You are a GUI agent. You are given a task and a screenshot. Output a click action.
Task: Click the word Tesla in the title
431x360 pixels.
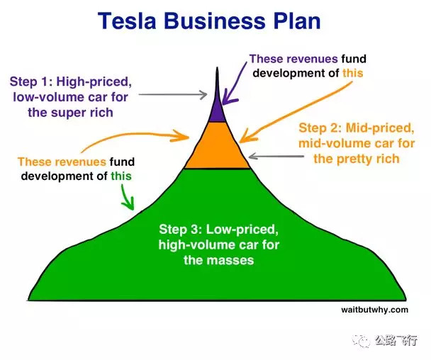(x=127, y=21)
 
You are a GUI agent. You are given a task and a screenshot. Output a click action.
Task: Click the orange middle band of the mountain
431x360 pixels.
(x=217, y=145)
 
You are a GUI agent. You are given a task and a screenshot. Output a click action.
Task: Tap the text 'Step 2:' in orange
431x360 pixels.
(x=320, y=128)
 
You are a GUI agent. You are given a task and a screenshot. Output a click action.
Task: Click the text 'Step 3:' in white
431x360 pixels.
(x=181, y=229)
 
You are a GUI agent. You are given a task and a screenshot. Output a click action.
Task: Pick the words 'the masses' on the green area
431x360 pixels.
(x=219, y=260)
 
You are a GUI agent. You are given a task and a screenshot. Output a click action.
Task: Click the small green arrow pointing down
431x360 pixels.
(x=128, y=197)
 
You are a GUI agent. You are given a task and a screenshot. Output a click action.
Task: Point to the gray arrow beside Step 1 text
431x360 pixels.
(x=173, y=94)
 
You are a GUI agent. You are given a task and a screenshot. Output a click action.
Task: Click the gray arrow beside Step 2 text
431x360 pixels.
(x=276, y=157)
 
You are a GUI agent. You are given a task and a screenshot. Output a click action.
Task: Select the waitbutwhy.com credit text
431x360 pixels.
(x=375, y=310)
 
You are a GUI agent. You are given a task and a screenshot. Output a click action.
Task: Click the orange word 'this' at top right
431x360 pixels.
(x=353, y=73)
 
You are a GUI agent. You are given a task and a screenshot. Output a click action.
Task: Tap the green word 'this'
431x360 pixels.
(x=121, y=176)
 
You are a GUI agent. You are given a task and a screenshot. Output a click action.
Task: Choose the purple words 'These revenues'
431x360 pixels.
(x=293, y=59)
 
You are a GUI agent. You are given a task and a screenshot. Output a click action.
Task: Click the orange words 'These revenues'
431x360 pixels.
(x=62, y=162)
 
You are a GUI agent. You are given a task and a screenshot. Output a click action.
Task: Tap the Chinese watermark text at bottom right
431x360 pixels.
(x=396, y=340)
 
